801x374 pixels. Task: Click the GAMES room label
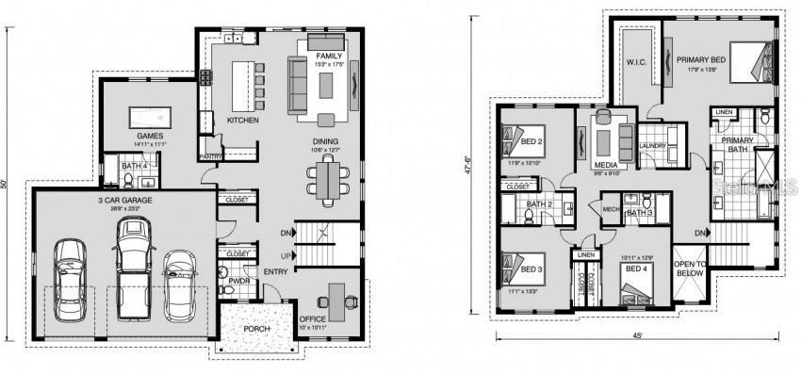tap(151, 137)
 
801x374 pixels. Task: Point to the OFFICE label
tap(312, 319)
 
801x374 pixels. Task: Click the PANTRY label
tap(209, 156)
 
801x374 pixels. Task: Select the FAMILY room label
tap(329, 57)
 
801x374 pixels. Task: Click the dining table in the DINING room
tap(329, 178)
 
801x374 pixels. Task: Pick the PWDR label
tap(237, 280)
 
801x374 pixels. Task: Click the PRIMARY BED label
tap(701, 60)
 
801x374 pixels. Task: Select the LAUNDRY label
tap(652, 146)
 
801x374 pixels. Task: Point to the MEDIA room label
tap(606, 165)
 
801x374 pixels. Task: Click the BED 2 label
tap(532, 142)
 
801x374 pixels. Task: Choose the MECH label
tap(609, 208)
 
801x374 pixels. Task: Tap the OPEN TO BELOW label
tap(689, 268)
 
